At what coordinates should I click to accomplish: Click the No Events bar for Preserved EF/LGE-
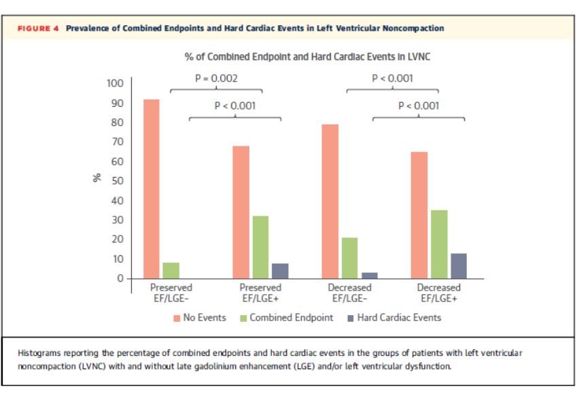click(x=152, y=189)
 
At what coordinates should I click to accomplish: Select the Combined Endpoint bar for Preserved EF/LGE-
click(x=171, y=270)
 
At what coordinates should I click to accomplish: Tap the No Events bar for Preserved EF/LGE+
click(x=241, y=212)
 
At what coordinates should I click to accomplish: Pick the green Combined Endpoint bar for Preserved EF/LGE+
click(x=261, y=247)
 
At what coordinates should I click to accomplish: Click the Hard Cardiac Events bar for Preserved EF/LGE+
click(x=280, y=271)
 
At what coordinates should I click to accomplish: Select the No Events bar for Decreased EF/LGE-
click(x=330, y=201)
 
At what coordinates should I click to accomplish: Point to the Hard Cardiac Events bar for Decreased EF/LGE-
click(x=370, y=275)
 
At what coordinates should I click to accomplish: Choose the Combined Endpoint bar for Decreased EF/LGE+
click(x=439, y=244)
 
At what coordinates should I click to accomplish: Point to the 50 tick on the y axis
click(x=118, y=181)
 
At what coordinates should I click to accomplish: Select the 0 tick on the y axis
click(x=121, y=278)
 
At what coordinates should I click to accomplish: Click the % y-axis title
click(x=97, y=178)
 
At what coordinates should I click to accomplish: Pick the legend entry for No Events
click(x=200, y=318)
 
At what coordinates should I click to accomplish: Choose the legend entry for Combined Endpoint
click(x=286, y=318)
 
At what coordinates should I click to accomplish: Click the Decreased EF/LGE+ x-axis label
click(x=438, y=293)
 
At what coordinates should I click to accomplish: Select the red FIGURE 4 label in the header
click(x=38, y=29)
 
